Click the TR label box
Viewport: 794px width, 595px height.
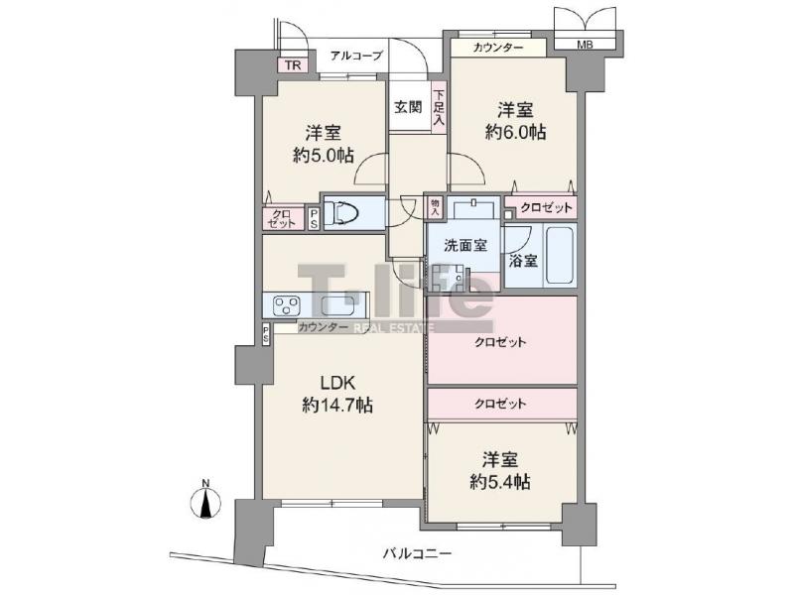(292, 64)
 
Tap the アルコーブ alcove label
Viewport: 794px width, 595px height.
(356, 56)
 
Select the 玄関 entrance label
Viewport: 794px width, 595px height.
(408, 107)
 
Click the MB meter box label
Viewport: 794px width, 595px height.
(585, 45)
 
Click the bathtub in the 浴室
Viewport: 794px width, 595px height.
(560, 256)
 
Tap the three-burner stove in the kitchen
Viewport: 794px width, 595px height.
(286, 305)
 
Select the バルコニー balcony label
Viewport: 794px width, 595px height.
(417, 553)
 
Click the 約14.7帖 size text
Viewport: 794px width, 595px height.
(337, 405)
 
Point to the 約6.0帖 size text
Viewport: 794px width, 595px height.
(515, 132)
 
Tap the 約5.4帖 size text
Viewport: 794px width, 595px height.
(500, 482)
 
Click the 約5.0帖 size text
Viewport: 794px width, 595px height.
(324, 155)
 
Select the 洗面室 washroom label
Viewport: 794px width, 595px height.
(465, 246)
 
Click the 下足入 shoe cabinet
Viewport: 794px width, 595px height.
(439, 107)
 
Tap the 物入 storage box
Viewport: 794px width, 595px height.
(435, 207)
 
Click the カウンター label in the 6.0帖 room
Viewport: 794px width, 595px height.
(498, 48)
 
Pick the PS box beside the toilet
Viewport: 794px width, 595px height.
(314, 219)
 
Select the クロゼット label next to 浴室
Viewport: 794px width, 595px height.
(547, 207)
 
